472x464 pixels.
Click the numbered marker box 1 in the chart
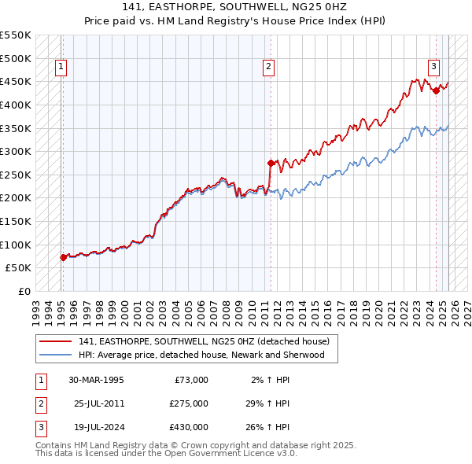pos(61,68)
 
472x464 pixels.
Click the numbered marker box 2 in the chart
pos(269,68)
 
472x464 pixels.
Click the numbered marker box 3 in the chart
pos(434,68)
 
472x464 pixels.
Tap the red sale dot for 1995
pos(63,257)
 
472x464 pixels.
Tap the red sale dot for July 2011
pos(271,164)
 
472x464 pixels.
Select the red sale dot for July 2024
pos(436,91)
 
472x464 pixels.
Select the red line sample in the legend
pos(55,341)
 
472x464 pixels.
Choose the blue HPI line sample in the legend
pos(55,355)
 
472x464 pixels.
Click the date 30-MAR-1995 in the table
pos(97,380)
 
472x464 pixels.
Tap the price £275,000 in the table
pos(189,403)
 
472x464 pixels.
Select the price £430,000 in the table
pos(189,427)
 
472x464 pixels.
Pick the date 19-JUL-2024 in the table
pos(96,427)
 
